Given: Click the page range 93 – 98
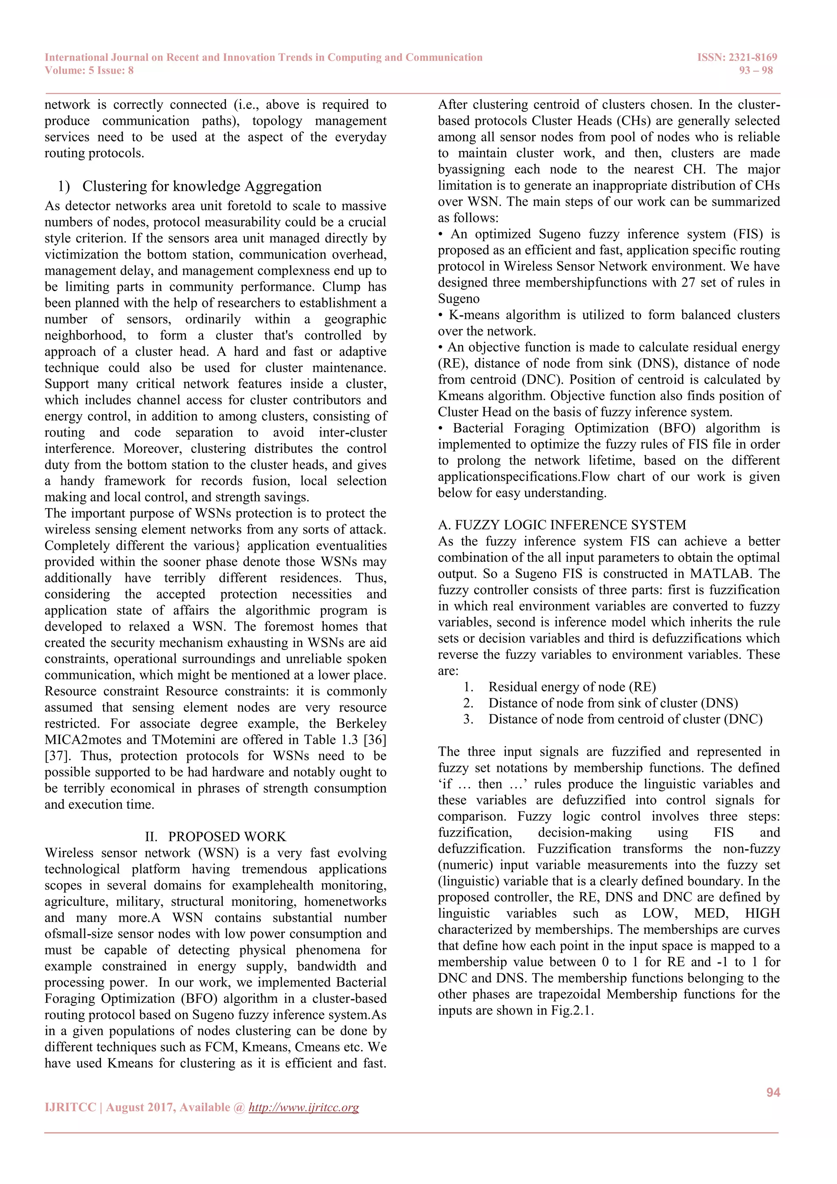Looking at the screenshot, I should click(756, 71).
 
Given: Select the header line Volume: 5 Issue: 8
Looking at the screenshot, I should click(89, 71).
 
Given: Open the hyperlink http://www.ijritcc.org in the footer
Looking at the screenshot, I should click(304, 1108).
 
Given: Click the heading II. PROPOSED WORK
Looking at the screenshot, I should click(215, 836).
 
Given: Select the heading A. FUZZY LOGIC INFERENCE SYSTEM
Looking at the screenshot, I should click(562, 525).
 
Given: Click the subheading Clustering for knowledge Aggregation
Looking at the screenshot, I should click(201, 186).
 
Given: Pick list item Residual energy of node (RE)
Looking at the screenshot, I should click(572, 687).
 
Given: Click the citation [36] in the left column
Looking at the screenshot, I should click(375, 740).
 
